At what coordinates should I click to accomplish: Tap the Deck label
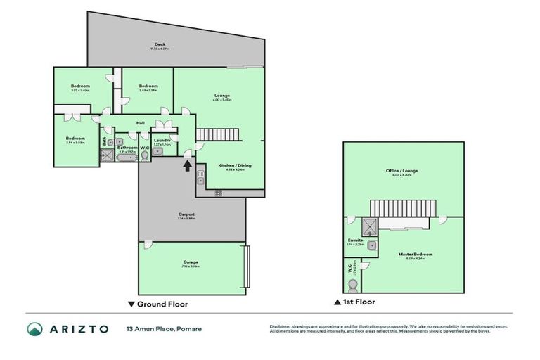[x=160, y=46]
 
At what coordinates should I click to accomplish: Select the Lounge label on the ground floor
[x=222, y=96]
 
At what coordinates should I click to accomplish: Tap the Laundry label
[x=162, y=139]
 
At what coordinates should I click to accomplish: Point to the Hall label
[x=141, y=122]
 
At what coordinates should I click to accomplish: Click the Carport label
[x=186, y=214]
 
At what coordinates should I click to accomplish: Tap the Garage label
[x=191, y=262]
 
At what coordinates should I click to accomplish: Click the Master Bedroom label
[x=416, y=254]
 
